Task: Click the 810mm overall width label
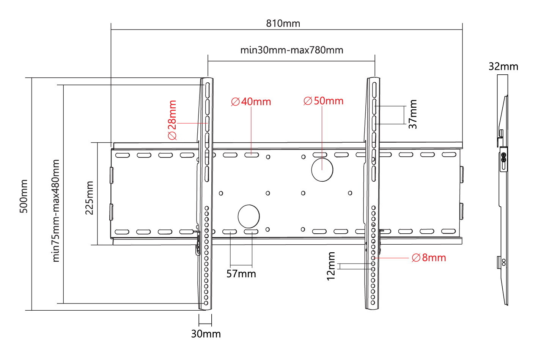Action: click(283, 24)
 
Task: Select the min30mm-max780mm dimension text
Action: click(292, 50)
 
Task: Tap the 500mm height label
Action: click(24, 196)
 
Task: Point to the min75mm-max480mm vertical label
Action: click(56, 211)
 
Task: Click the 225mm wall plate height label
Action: click(89, 198)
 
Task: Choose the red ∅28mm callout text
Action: click(172, 120)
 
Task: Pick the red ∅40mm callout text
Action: click(251, 102)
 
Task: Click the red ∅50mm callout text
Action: click(323, 101)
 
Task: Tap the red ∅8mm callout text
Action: click(429, 258)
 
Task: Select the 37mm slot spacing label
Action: click(413, 114)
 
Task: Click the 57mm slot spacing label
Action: click(241, 274)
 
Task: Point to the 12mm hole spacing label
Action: click(331, 266)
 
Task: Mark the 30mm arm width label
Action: click(206, 334)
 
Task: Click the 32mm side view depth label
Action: click(503, 66)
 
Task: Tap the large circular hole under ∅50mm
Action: click(322, 170)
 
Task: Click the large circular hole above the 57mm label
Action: click(249, 216)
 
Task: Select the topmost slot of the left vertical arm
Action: click(208, 90)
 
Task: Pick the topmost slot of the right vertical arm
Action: click(374, 90)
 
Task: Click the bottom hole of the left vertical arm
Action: click(206, 303)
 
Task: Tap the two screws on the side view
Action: click(503, 157)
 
